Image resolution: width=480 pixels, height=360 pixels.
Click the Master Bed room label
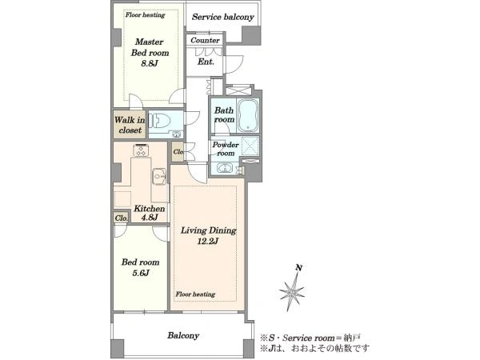150,47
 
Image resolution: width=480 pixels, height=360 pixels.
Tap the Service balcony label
223,17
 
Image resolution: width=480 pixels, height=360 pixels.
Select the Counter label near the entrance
205,40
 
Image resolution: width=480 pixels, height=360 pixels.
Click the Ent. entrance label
206,62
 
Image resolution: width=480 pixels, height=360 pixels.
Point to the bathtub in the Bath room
248,115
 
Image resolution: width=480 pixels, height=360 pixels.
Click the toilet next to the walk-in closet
160,120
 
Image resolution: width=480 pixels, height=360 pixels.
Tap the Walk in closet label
130,125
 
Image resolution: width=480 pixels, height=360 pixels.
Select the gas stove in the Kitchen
141,150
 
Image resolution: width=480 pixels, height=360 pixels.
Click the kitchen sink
159,176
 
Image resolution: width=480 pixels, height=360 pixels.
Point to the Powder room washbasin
225,168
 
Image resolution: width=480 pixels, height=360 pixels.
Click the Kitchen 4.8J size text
150,217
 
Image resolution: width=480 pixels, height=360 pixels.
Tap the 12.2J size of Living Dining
208,242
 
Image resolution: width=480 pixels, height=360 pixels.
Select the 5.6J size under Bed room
141,273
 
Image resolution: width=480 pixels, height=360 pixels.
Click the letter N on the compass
298,268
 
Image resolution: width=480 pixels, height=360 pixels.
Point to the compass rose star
292,291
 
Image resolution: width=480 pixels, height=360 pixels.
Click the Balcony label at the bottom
183,335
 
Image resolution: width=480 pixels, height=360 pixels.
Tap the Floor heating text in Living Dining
195,294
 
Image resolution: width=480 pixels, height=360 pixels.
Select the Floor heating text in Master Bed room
145,14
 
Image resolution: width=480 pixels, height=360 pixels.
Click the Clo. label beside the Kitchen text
122,218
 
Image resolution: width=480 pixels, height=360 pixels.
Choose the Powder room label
226,149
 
